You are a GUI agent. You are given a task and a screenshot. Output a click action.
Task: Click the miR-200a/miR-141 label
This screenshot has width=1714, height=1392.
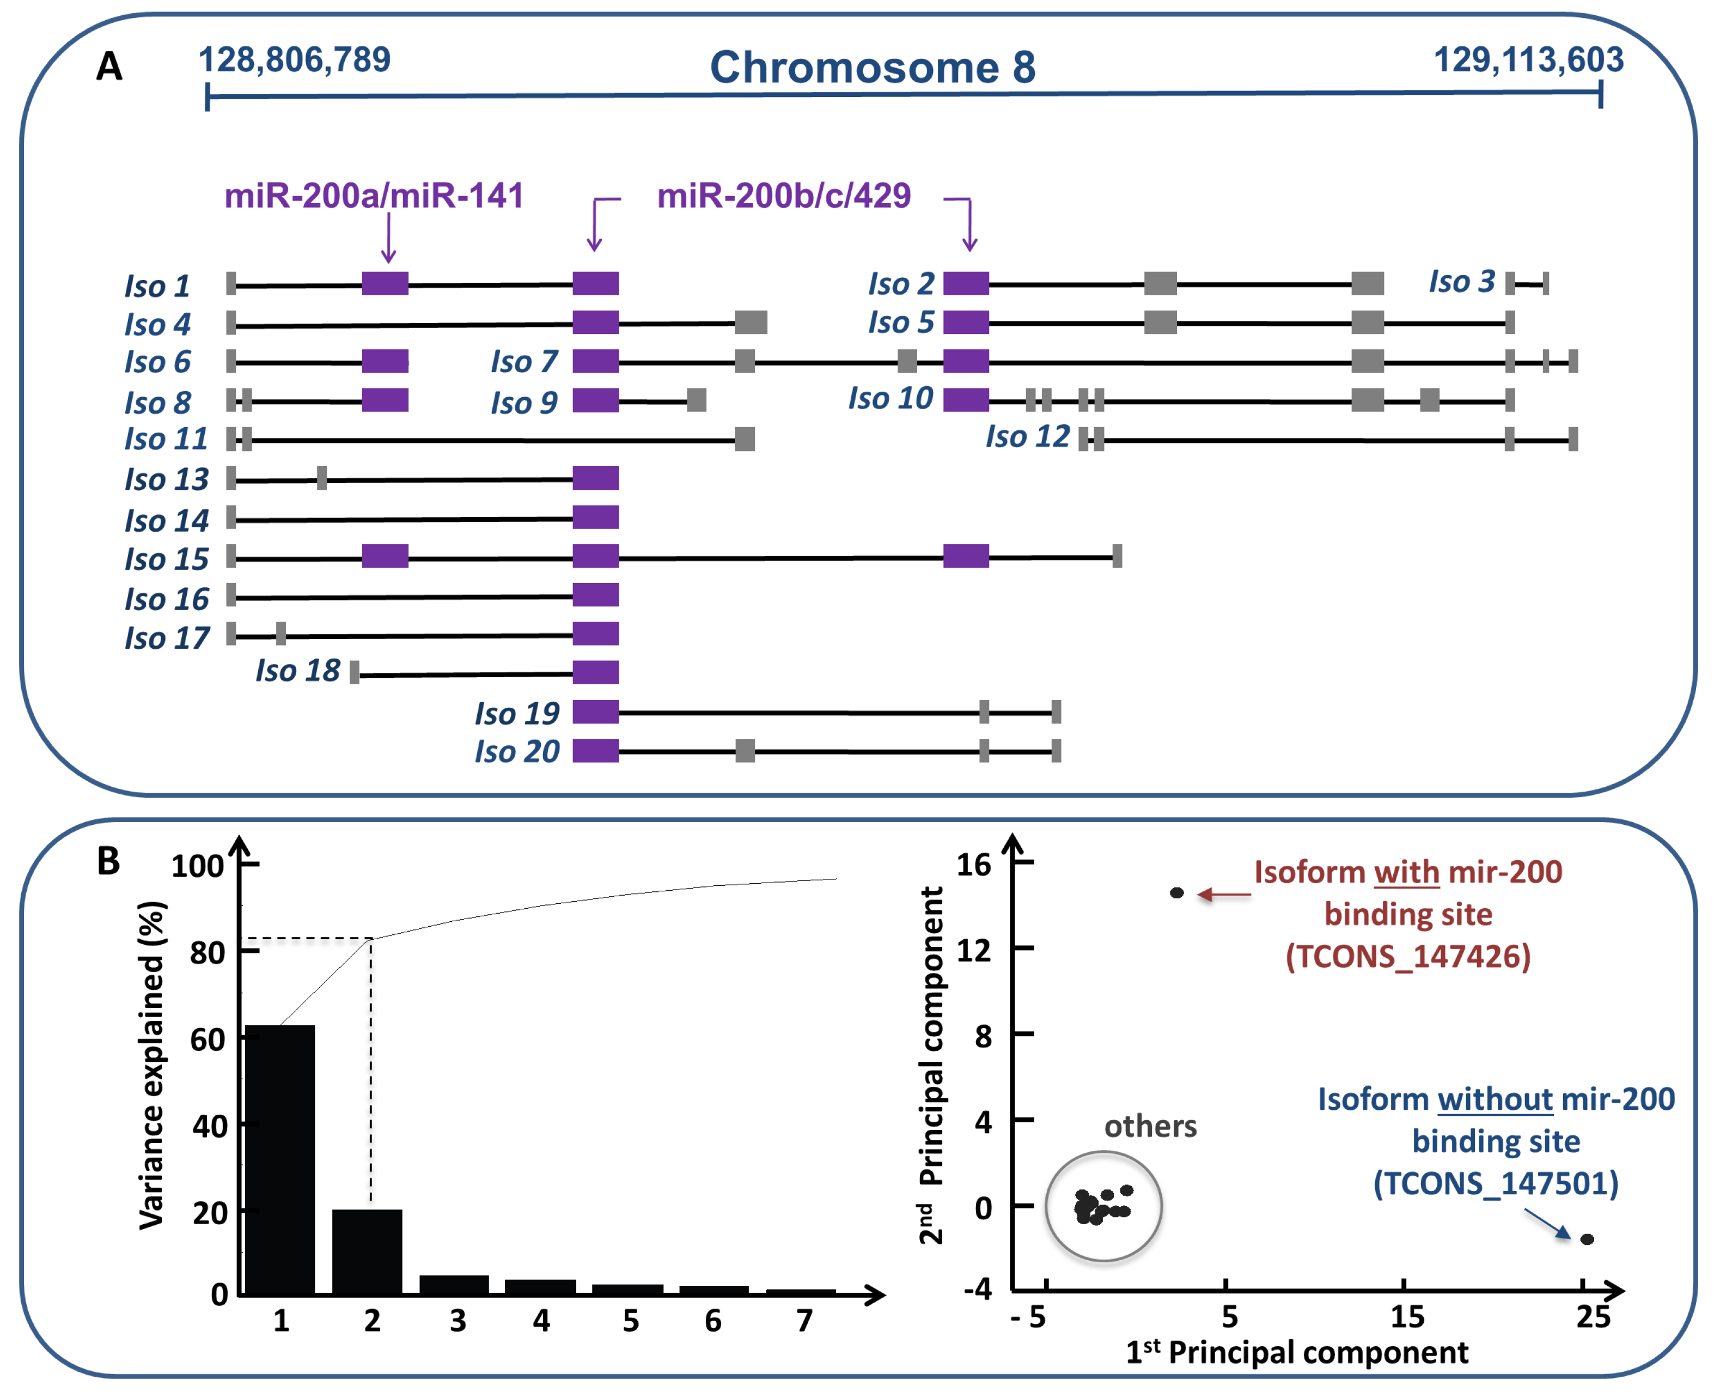pyautogui.click(x=374, y=196)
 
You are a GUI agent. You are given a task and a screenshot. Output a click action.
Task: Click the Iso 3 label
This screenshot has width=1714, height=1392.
pyautogui.click(x=1461, y=282)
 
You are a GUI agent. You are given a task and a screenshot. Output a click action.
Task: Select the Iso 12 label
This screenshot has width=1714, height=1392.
pyautogui.click(x=1027, y=437)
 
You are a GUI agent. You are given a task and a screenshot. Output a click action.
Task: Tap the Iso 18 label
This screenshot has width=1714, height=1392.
pyautogui.click(x=297, y=670)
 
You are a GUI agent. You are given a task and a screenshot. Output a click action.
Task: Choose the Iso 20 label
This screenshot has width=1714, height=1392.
pyautogui.click(x=517, y=751)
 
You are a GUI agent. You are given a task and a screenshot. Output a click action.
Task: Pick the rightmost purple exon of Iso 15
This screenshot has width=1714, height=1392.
pyautogui.click(x=965, y=556)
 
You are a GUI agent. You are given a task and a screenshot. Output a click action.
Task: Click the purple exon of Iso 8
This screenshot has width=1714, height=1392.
pyautogui.click(x=385, y=399)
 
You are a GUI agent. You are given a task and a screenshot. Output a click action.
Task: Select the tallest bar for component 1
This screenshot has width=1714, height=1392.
pyautogui.click(x=280, y=1159)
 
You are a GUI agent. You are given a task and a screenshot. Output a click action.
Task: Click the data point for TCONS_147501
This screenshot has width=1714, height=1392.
pyautogui.click(x=1587, y=1239)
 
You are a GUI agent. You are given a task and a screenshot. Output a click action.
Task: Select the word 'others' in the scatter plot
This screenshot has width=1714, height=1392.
pyautogui.click(x=1150, y=1127)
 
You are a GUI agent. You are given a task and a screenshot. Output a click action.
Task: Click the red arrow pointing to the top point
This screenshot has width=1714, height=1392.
pyautogui.click(x=1224, y=894)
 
